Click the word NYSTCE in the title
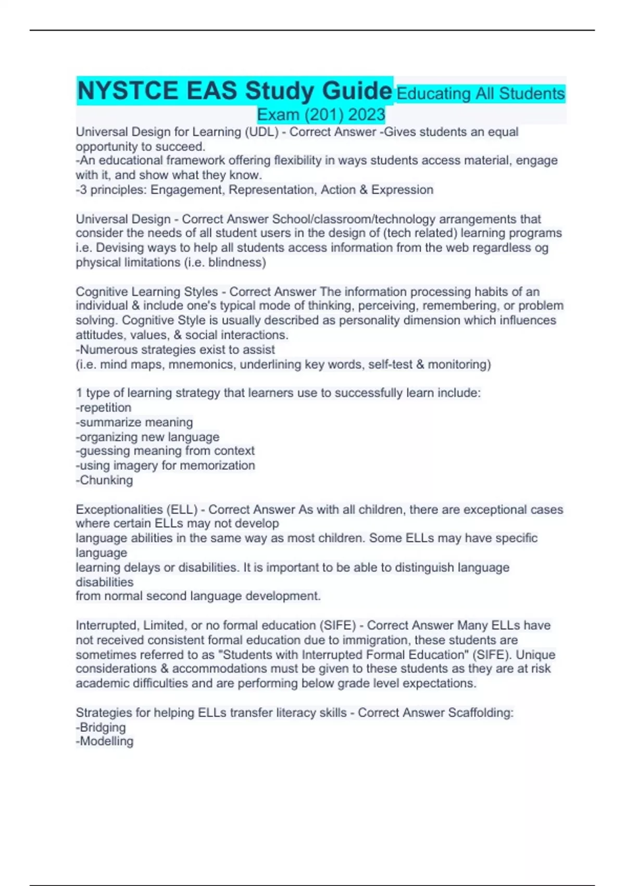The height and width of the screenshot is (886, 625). coord(127,91)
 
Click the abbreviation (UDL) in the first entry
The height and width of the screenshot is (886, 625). coord(261,132)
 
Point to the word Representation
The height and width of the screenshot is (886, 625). coord(272,190)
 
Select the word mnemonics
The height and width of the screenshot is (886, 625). coord(203,364)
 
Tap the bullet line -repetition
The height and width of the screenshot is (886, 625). coord(104,408)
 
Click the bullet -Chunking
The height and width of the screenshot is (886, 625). coord(104,480)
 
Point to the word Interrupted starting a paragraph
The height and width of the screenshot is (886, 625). coord(106,625)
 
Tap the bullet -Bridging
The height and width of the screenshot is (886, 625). coord(101,727)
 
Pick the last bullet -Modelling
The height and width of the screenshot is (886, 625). coord(104,741)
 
